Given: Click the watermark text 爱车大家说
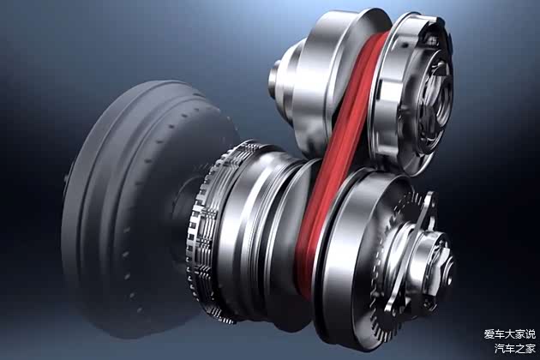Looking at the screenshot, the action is [x=510, y=334].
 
